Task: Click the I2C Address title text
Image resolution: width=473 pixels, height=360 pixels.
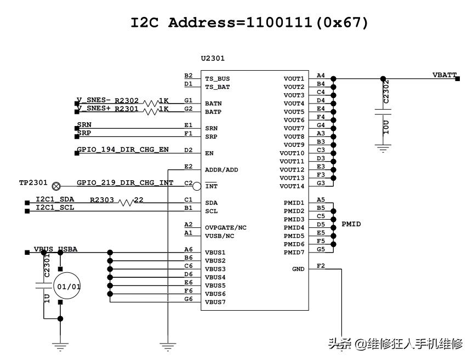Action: pyautogui.click(x=249, y=23)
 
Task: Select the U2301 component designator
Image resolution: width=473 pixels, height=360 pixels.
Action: pyautogui.click(x=213, y=59)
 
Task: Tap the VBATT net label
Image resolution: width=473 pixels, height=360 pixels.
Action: pyautogui.click(x=444, y=75)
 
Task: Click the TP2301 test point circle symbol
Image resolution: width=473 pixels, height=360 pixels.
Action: pyautogui.click(x=56, y=185)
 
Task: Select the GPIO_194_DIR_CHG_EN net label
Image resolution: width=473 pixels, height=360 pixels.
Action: pyautogui.click(x=122, y=150)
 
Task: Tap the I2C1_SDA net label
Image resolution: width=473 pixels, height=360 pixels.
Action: pyautogui.click(x=55, y=199)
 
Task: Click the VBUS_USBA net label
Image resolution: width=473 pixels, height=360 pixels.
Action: pyautogui.click(x=55, y=249)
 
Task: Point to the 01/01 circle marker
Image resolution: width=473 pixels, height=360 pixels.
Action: pyautogui.click(x=69, y=287)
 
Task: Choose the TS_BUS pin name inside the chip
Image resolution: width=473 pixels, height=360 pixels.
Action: pyautogui.click(x=218, y=79)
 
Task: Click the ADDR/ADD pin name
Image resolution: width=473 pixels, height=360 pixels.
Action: pyautogui.click(x=221, y=170)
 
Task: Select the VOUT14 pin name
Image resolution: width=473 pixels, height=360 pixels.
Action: pyautogui.click(x=292, y=186)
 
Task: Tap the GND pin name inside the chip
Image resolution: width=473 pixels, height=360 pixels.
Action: pyautogui.click(x=298, y=269)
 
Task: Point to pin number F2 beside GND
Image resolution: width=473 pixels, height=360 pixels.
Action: pyautogui.click(x=321, y=266)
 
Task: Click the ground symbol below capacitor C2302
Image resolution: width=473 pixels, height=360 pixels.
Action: pyautogui.click(x=383, y=147)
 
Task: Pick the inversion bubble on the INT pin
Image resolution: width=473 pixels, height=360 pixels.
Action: pyautogui.click(x=197, y=186)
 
